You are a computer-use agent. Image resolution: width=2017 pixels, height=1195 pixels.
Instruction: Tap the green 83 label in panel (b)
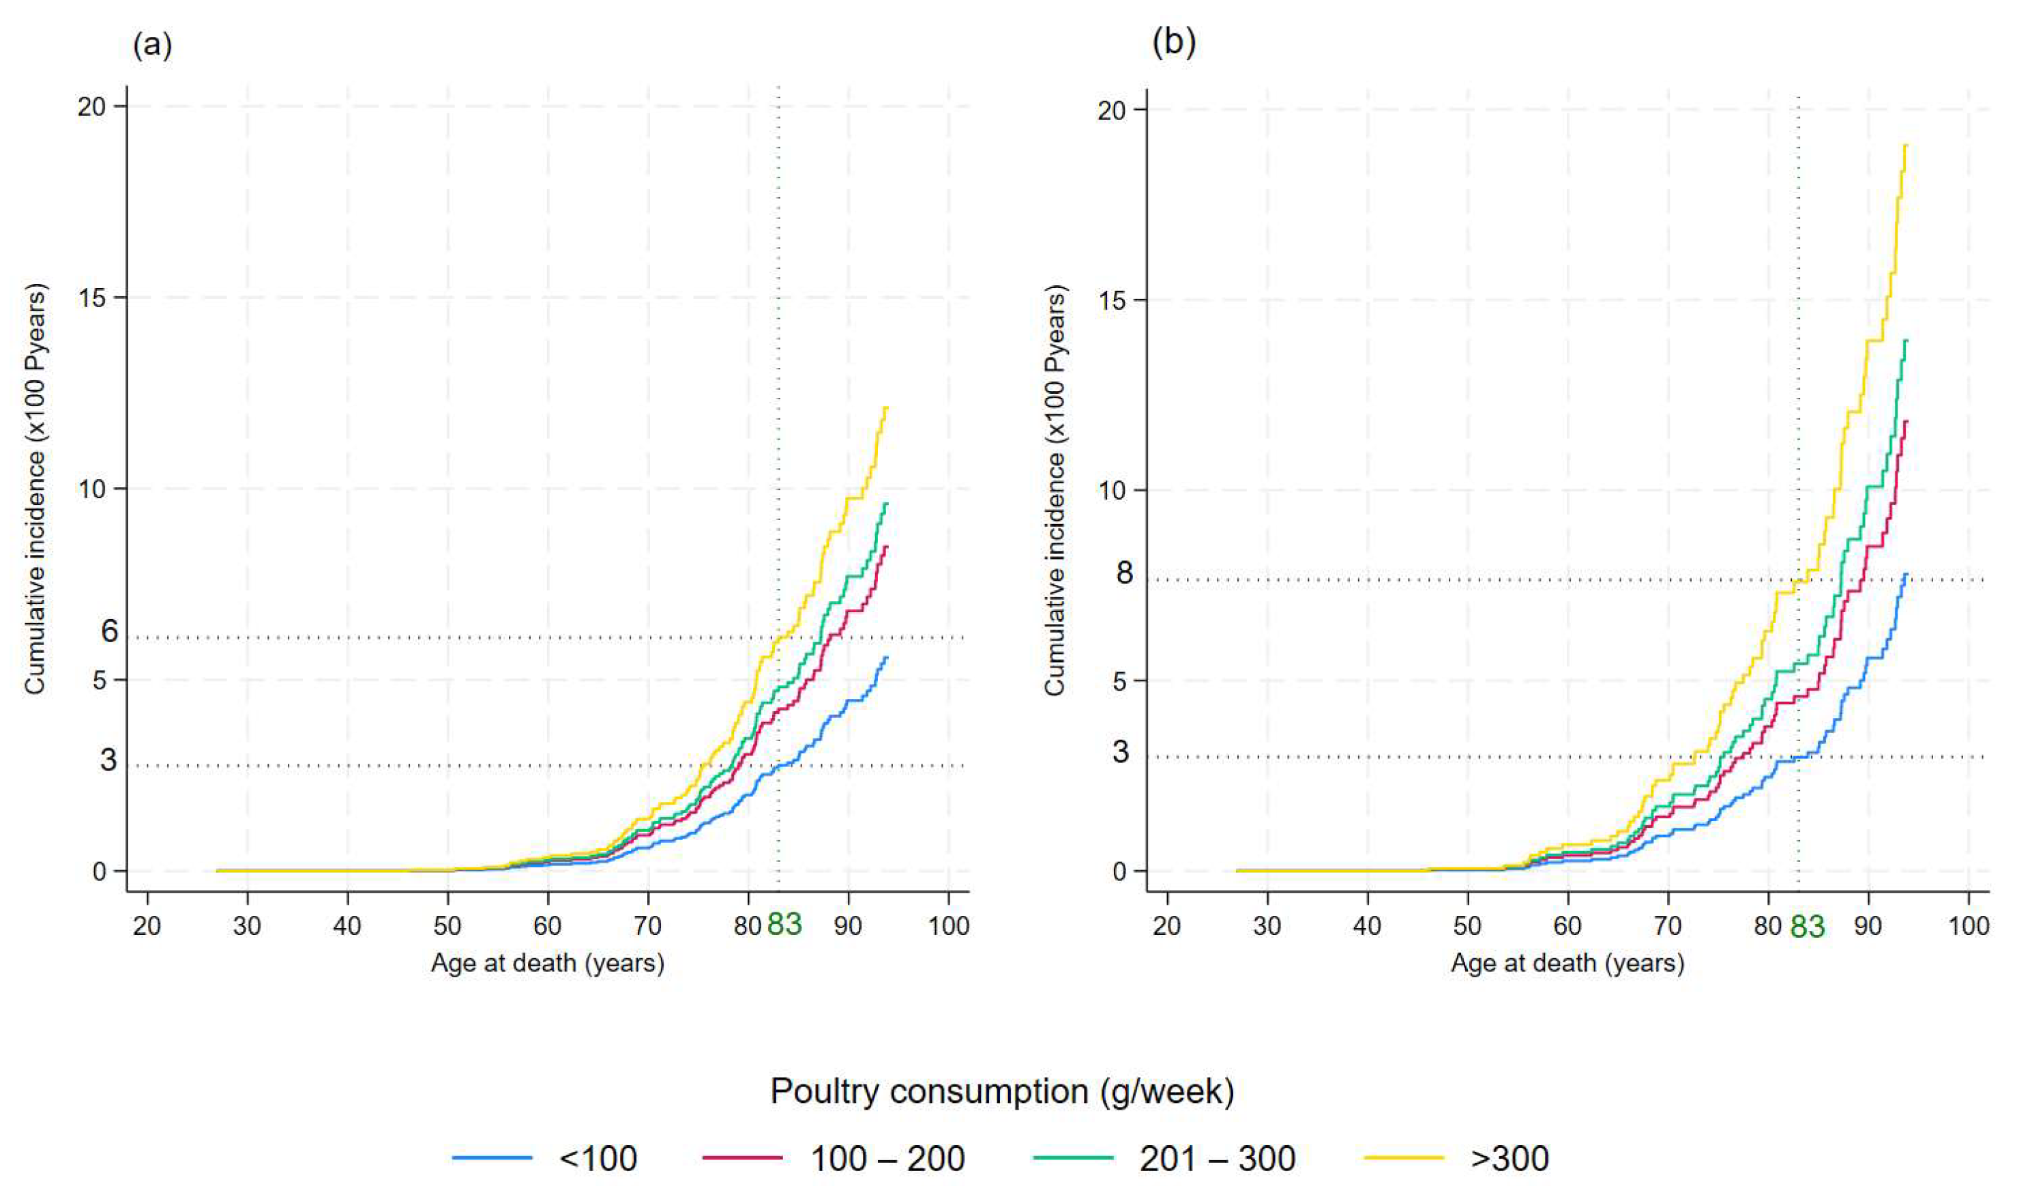tap(1807, 927)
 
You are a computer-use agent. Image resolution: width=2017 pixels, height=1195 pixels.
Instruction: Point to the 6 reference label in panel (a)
tap(109, 631)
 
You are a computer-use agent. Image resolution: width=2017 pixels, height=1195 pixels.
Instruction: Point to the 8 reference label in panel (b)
tap(1124, 573)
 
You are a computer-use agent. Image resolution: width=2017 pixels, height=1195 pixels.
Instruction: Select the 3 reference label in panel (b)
tap(1121, 752)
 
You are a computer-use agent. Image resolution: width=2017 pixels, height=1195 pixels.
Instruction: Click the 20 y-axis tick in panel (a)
tap(92, 107)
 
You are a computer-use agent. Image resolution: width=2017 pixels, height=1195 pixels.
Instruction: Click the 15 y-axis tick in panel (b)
tap(1112, 300)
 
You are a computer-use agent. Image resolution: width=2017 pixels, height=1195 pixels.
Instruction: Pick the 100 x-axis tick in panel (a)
tap(948, 926)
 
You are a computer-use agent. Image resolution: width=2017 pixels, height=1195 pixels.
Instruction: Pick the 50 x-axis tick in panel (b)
tap(1467, 926)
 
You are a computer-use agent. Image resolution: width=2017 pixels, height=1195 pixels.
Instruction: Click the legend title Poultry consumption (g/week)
tap(1002, 1092)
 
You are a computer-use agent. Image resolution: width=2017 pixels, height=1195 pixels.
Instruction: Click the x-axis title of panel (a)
tap(547, 963)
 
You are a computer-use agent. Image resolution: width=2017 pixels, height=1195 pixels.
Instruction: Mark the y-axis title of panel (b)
tap(1055, 491)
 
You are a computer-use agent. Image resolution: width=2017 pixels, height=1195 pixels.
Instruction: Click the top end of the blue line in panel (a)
tap(886, 657)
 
